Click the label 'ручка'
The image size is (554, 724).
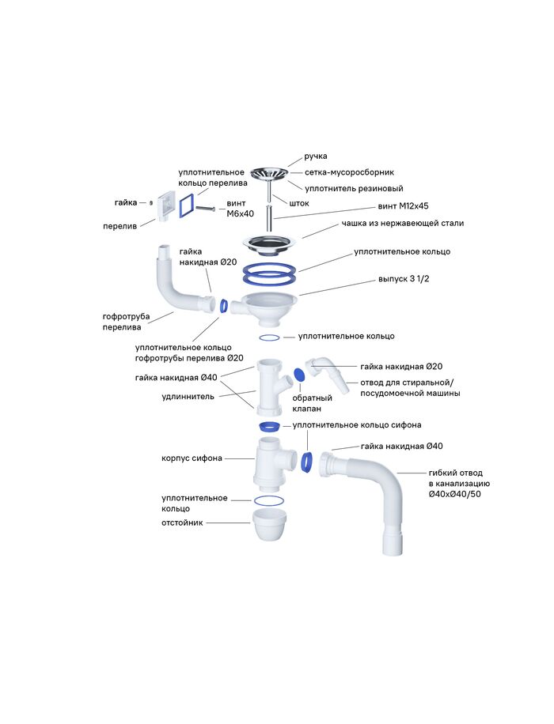316,156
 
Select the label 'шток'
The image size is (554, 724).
298,203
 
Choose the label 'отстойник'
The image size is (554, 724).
183,522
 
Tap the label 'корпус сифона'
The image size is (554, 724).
192,458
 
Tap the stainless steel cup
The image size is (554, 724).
269,241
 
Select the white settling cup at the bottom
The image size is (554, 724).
269,524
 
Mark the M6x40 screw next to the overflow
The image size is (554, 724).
204,207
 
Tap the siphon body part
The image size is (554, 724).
271,466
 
